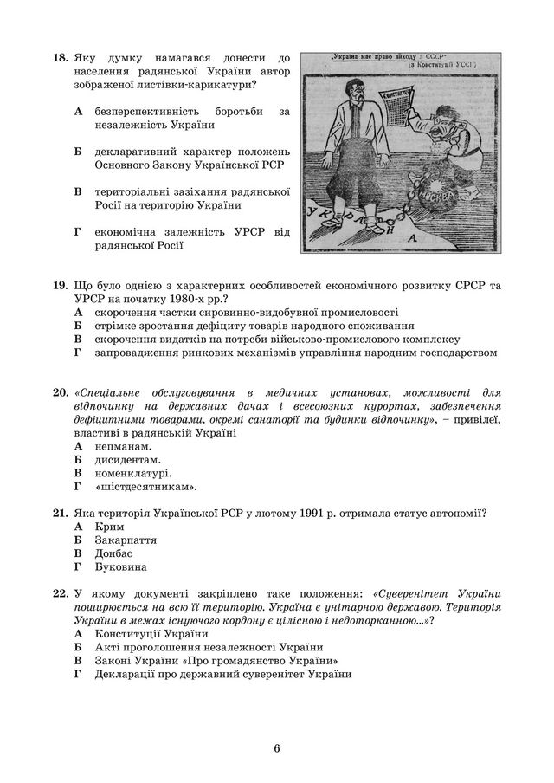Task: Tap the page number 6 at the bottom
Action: [x=276, y=748]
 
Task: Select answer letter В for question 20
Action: [x=77, y=474]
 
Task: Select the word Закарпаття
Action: [x=126, y=540]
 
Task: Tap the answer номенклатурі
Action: [x=133, y=474]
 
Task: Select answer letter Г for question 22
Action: [x=77, y=675]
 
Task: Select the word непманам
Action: [x=126, y=446]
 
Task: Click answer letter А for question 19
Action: [x=77, y=312]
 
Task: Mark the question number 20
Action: [x=60, y=393]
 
